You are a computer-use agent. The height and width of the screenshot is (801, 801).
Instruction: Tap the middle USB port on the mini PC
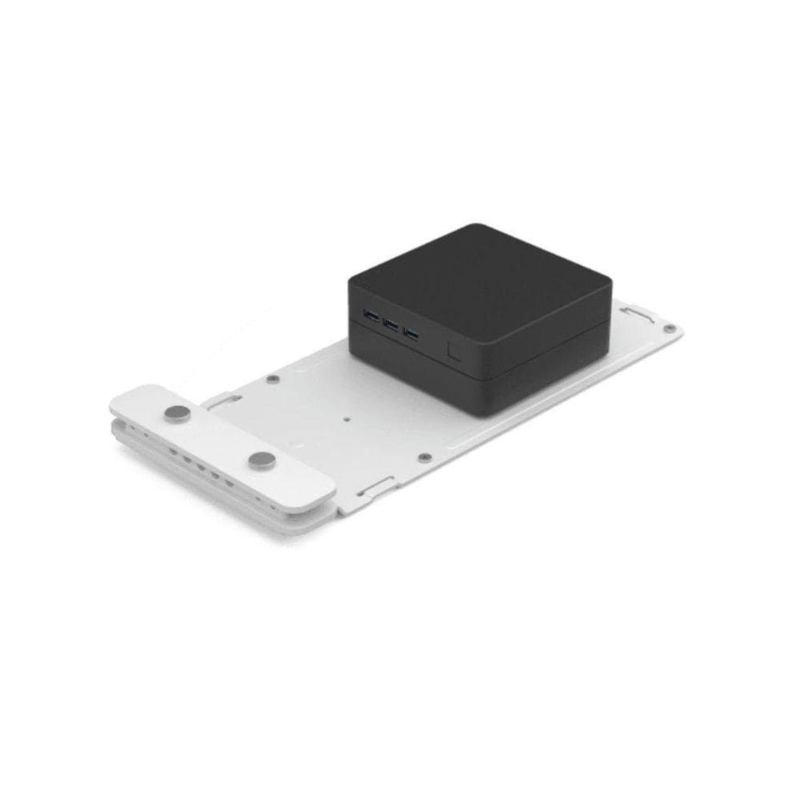tap(391, 324)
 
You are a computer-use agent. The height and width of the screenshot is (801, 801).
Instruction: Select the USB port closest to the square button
tap(411, 332)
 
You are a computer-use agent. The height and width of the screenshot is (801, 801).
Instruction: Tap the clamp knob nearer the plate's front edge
tap(262, 461)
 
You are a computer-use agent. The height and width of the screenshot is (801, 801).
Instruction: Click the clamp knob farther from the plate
tap(177, 413)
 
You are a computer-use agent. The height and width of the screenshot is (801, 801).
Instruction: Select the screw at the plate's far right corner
tap(669, 328)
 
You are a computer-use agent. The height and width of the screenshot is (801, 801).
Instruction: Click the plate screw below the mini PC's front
tap(425, 457)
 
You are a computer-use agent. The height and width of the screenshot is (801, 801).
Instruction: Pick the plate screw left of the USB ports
tap(272, 379)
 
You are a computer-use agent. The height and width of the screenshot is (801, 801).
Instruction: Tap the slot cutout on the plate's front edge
tap(376, 485)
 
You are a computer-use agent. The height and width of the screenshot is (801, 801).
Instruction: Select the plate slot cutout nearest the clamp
tap(224, 400)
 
